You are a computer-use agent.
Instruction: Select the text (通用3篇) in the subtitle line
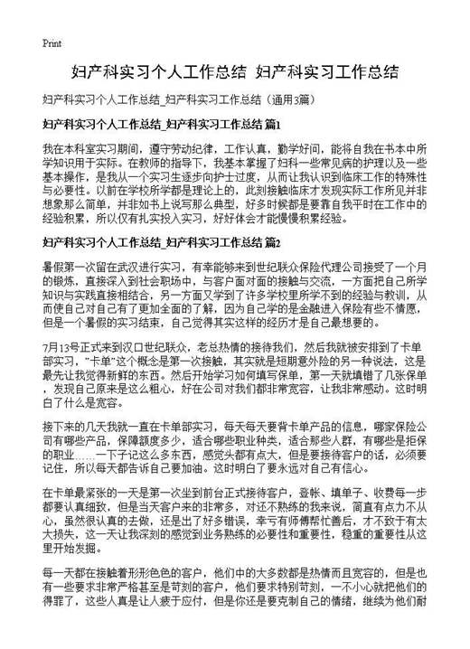(289, 98)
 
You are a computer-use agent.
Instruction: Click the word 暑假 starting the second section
(53, 268)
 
